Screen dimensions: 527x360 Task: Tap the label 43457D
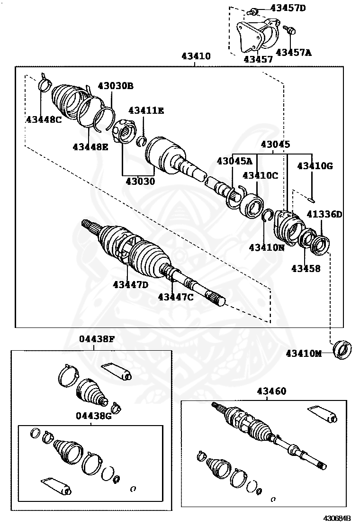click(288, 8)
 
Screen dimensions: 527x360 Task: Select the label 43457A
click(293, 52)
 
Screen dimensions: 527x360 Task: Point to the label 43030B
click(116, 86)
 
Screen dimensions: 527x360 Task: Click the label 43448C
click(44, 119)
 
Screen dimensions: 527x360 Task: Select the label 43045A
click(234, 161)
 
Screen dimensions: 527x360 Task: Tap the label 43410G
click(315, 165)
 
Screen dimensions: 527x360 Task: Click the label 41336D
click(324, 214)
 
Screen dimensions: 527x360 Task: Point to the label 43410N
click(267, 247)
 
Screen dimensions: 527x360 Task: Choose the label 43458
click(306, 269)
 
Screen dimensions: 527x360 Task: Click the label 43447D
click(131, 284)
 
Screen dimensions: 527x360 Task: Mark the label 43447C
click(176, 297)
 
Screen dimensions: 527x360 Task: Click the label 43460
click(271, 391)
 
